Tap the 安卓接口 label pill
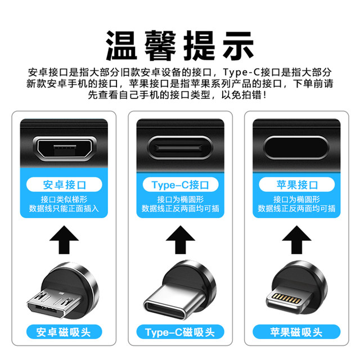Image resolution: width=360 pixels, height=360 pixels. tap(64, 184)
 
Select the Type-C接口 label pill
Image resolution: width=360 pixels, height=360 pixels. tap(180, 184)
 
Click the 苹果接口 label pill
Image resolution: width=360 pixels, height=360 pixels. tap(296, 184)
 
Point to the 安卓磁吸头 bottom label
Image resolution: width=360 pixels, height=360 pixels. tap(64, 331)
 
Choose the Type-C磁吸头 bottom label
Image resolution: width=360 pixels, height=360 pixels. tap(180, 331)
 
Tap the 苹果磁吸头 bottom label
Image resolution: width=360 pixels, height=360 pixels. tap(296, 331)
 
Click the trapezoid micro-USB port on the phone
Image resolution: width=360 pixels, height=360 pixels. tap(64, 149)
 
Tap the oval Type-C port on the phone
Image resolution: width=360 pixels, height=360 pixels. tap(180, 149)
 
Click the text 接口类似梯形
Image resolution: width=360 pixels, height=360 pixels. tap(64, 199)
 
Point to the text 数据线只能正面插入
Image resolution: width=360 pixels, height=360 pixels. tap(64, 209)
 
